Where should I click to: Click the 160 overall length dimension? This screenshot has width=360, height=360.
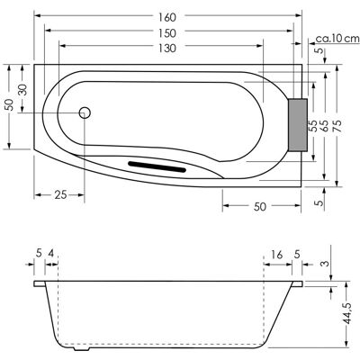tap(167, 17)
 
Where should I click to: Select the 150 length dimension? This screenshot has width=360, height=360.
tap(167, 33)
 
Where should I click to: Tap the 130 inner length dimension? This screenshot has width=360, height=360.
tap(167, 48)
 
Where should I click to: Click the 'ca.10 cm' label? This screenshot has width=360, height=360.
tap(337, 39)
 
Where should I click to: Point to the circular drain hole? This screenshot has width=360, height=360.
tap(85, 112)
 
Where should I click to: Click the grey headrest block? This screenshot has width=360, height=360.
tap(298, 124)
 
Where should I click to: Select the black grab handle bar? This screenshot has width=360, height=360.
tap(157, 166)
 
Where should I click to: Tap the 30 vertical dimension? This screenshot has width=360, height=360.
tap(23, 89)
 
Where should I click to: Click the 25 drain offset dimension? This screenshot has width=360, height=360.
tap(60, 195)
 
